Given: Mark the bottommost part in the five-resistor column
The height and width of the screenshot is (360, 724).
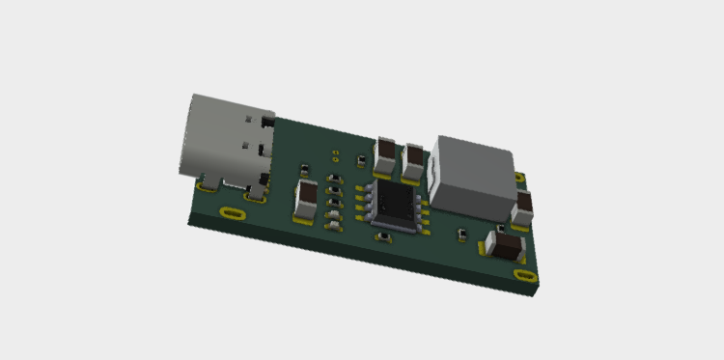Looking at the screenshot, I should pos(333,224).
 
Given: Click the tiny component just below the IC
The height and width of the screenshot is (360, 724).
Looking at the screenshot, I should pos(383,237).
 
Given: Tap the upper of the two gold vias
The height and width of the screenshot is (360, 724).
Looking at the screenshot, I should pos(335,152).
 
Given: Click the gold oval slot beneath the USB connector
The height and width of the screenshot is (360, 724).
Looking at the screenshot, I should pos(232,212).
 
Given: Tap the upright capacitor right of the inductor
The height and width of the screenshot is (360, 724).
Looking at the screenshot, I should pos(525,208).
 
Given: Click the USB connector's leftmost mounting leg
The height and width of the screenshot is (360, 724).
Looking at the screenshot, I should pos(206,180).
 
